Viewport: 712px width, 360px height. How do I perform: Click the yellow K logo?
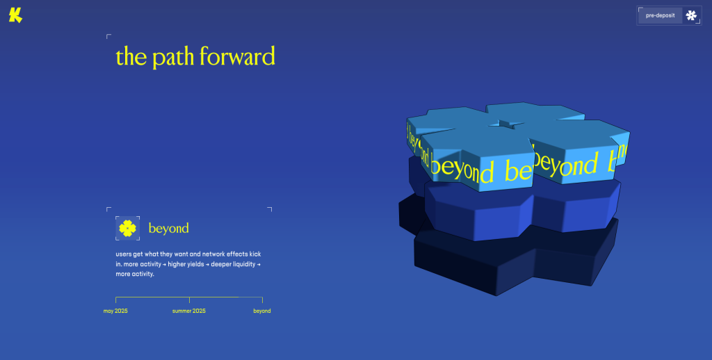click(15, 15)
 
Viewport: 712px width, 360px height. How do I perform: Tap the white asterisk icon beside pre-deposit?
click(691, 15)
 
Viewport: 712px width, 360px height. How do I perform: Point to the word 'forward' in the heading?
click(237, 56)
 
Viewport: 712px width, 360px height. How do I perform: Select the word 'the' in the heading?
click(131, 56)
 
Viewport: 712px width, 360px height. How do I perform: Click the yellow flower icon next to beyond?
click(128, 229)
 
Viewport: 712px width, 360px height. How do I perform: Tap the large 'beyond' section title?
click(168, 229)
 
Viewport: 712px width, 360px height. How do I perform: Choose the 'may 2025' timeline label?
click(115, 311)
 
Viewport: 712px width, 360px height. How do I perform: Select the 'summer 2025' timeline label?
click(189, 311)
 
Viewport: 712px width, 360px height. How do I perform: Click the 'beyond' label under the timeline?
click(262, 311)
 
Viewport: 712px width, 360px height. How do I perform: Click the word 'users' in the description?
click(124, 254)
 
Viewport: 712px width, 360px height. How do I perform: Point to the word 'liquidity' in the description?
click(244, 264)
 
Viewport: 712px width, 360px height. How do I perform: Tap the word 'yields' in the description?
click(196, 264)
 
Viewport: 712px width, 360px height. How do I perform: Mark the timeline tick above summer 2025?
click(189, 300)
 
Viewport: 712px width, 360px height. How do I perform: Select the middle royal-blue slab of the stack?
click(522, 208)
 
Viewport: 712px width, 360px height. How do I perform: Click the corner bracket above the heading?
click(108, 36)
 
